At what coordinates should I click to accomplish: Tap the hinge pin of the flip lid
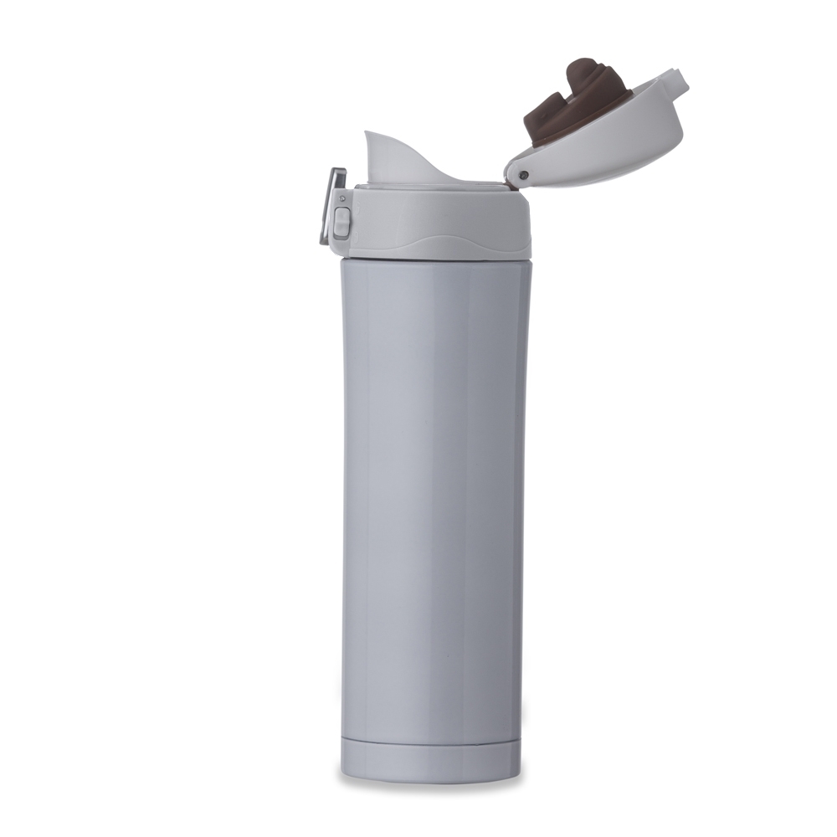pyautogui.click(x=523, y=175)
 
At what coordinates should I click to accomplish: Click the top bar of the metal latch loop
pyautogui.click(x=337, y=172)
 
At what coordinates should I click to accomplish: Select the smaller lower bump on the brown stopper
pyautogui.click(x=548, y=109)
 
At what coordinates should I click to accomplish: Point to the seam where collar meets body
pyautogui.click(x=435, y=259)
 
